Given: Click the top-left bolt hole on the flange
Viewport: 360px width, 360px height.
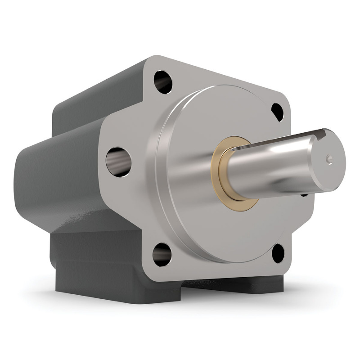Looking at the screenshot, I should [x=163, y=81].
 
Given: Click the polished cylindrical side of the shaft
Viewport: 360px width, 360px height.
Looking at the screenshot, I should [x=270, y=166].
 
